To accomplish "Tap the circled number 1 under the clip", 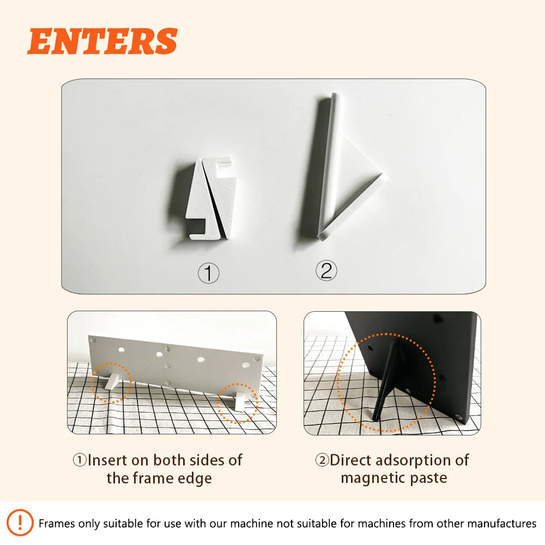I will click(x=208, y=273).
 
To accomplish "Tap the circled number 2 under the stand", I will click(x=326, y=270).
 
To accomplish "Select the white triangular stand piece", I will click(x=349, y=174).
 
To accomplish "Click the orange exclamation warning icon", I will click(x=21, y=523).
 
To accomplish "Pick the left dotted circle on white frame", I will click(x=111, y=383).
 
